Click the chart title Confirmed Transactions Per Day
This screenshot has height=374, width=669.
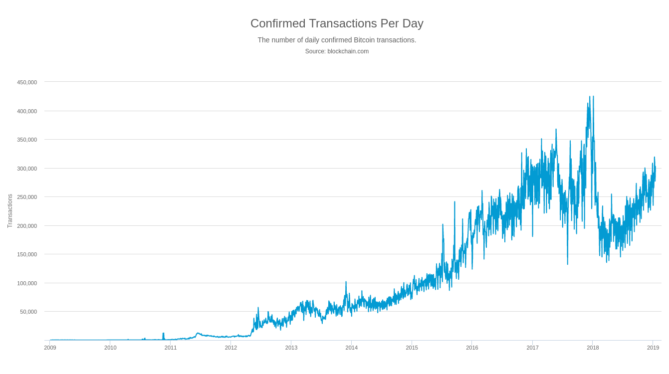[337, 23]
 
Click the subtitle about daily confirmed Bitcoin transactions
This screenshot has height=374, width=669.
[337, 40]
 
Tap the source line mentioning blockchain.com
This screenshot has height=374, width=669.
[337, 51]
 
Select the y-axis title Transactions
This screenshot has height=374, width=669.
[10, 211]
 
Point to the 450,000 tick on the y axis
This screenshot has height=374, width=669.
[27, 82]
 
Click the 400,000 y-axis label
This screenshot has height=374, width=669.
[27, 111]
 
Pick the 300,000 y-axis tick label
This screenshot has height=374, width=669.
[27, 169]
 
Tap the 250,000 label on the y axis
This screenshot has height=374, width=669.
[27, 197]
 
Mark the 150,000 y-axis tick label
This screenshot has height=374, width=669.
[27, 254]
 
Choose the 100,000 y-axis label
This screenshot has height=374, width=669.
[27, 283]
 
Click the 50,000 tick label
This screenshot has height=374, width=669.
[28, 312]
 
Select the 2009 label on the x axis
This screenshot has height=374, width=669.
[50, 348]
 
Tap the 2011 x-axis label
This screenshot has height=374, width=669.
[171, 348]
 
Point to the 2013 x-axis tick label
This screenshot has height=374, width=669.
[291, 348]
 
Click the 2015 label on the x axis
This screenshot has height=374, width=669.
[412, 348]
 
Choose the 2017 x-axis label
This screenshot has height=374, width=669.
[532, 348]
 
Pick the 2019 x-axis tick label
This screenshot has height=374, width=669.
[653, 348]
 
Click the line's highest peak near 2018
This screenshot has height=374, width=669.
[590, 97]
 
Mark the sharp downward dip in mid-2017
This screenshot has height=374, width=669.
[567, 263]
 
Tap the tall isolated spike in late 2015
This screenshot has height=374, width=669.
[454, 202]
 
